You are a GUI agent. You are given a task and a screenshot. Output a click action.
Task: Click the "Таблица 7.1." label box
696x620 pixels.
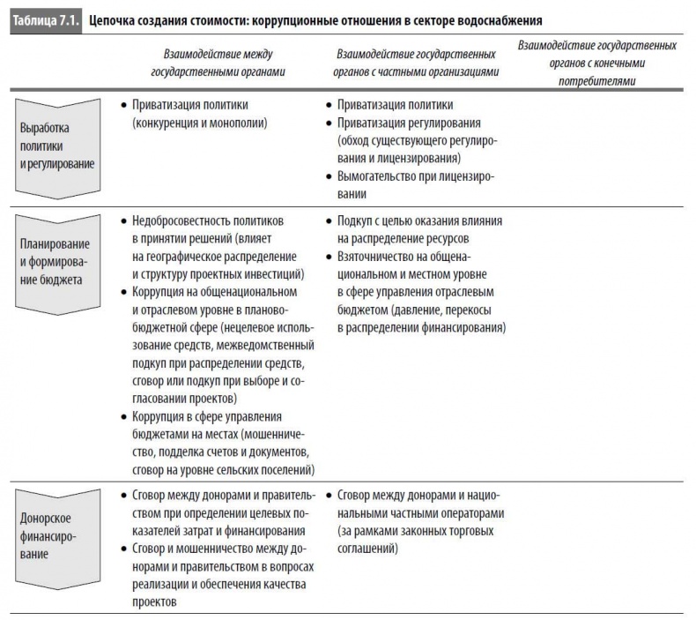point(44,19)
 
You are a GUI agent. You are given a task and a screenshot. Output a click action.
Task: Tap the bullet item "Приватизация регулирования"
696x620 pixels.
point(415,123)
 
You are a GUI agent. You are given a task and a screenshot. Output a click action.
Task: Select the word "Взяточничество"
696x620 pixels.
point(380,257)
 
